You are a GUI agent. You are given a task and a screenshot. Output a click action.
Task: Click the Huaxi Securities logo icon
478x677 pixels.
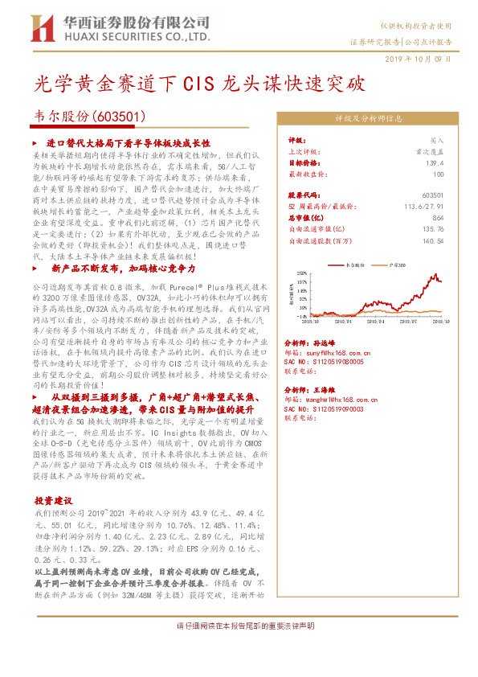click(40, 28)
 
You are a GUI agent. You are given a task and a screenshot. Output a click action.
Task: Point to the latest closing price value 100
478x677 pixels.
click(438, 174)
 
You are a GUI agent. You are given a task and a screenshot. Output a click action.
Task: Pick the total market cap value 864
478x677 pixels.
click(438, 217)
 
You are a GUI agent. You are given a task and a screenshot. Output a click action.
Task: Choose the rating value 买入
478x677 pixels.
click(437, 139)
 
